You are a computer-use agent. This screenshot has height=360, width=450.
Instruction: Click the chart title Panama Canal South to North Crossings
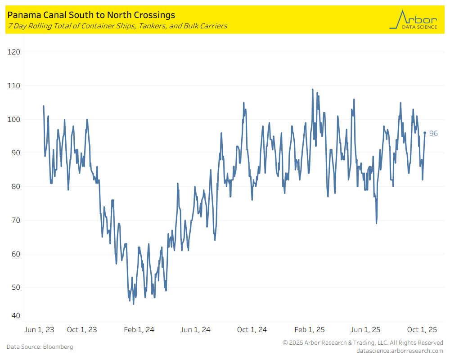(x=91, y=15)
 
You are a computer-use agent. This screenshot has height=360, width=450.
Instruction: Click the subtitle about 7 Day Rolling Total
(x=117, y=26)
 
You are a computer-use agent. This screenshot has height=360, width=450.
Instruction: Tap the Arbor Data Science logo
(x=413, y=20)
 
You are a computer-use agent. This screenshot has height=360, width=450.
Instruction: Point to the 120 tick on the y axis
(x=14, y=52)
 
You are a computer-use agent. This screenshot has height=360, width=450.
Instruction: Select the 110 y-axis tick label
(x=14, y=85)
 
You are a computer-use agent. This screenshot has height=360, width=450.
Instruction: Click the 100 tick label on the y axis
(x=14, y=119)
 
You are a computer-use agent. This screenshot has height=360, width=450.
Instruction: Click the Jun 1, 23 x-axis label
(x=39, y=330)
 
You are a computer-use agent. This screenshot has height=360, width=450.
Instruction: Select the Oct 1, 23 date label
(x=81, y=330)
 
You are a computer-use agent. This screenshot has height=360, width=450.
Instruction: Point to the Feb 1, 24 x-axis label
(x=139, y=330)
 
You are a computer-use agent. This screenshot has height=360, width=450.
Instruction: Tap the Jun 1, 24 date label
(x=195, y=330)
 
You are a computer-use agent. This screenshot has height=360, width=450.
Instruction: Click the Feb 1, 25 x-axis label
(x=310, y=330)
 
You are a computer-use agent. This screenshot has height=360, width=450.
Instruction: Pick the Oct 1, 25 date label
(x=423, y=330)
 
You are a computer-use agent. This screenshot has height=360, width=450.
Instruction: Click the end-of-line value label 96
(x=433, y=133)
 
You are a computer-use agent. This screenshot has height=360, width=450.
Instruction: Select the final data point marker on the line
(x=425, y=133)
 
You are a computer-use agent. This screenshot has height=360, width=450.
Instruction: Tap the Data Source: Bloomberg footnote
(x=40, y=347)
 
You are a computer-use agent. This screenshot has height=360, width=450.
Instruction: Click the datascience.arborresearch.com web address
(x=400, y=351)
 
